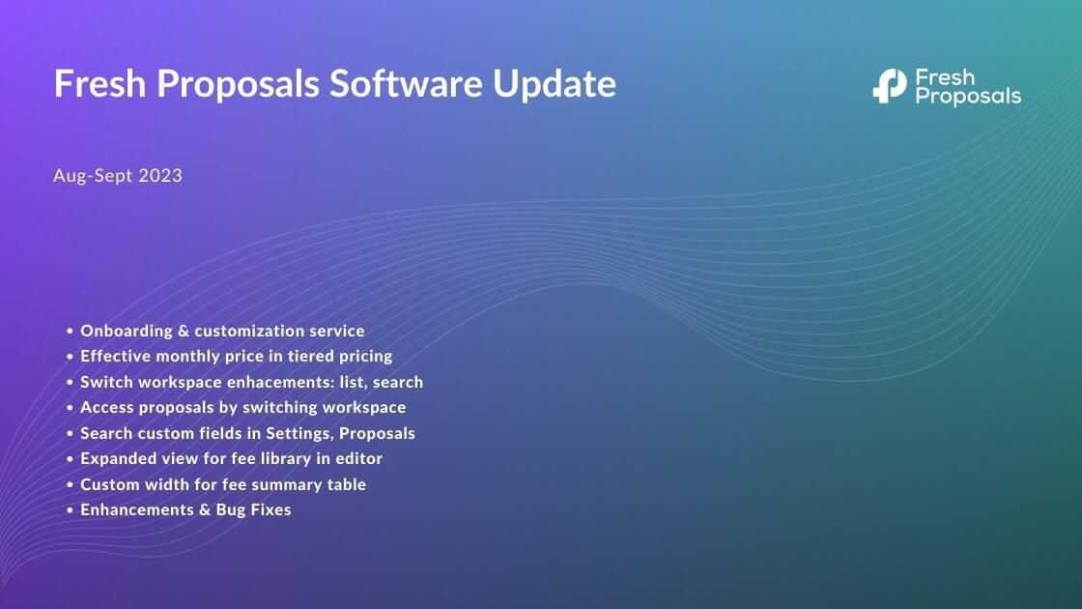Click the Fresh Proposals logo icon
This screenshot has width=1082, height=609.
pos(889,86)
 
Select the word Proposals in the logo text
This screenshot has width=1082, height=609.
pos(967,97)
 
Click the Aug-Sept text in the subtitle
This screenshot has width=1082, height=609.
pos(94,176)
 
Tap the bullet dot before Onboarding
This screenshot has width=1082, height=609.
pos(70,332)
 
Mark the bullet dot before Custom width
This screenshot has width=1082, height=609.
pos(70,485)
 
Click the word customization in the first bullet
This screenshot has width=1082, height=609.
pos(257,331)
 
